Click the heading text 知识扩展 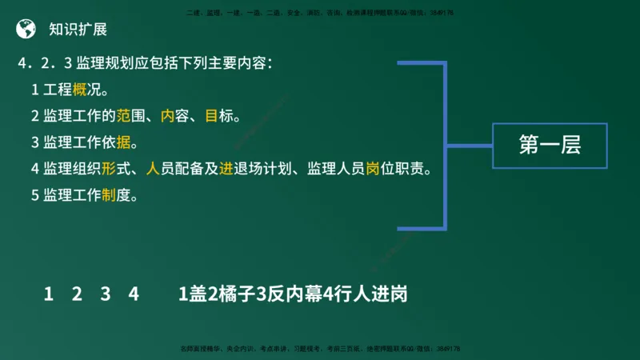(77, 30)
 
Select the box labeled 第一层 (549, 146)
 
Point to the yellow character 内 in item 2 (167, 116)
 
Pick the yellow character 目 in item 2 (211, 116)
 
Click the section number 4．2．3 (46, 63)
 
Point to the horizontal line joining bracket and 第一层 (468, 146)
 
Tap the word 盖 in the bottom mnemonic (197, 294)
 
